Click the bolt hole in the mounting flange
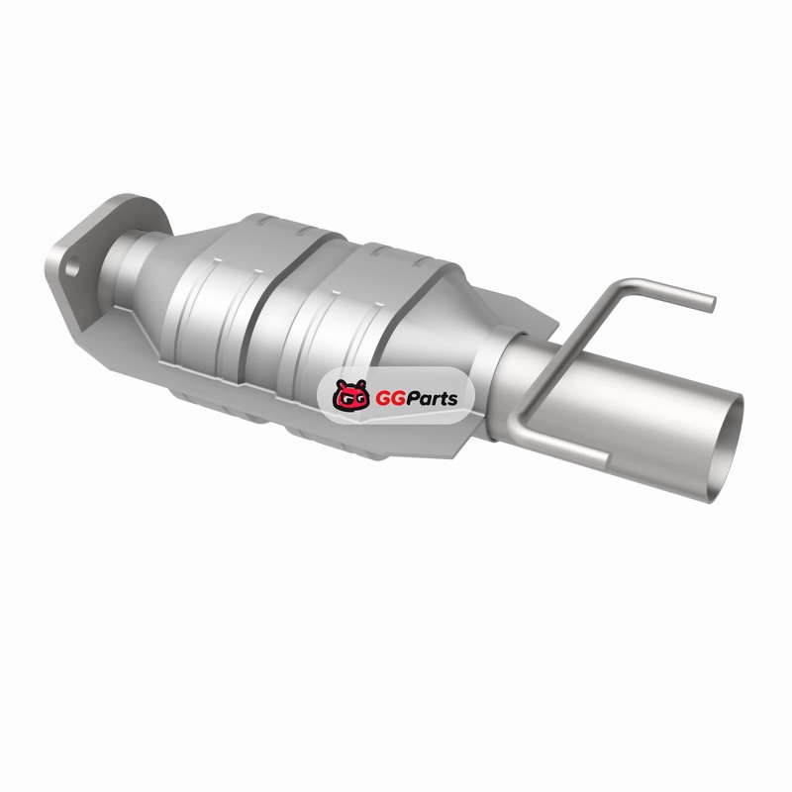pos(72,266)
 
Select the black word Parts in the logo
pos(433,398)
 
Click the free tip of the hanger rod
pos(711,303)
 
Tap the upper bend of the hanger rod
pos(627,286)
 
